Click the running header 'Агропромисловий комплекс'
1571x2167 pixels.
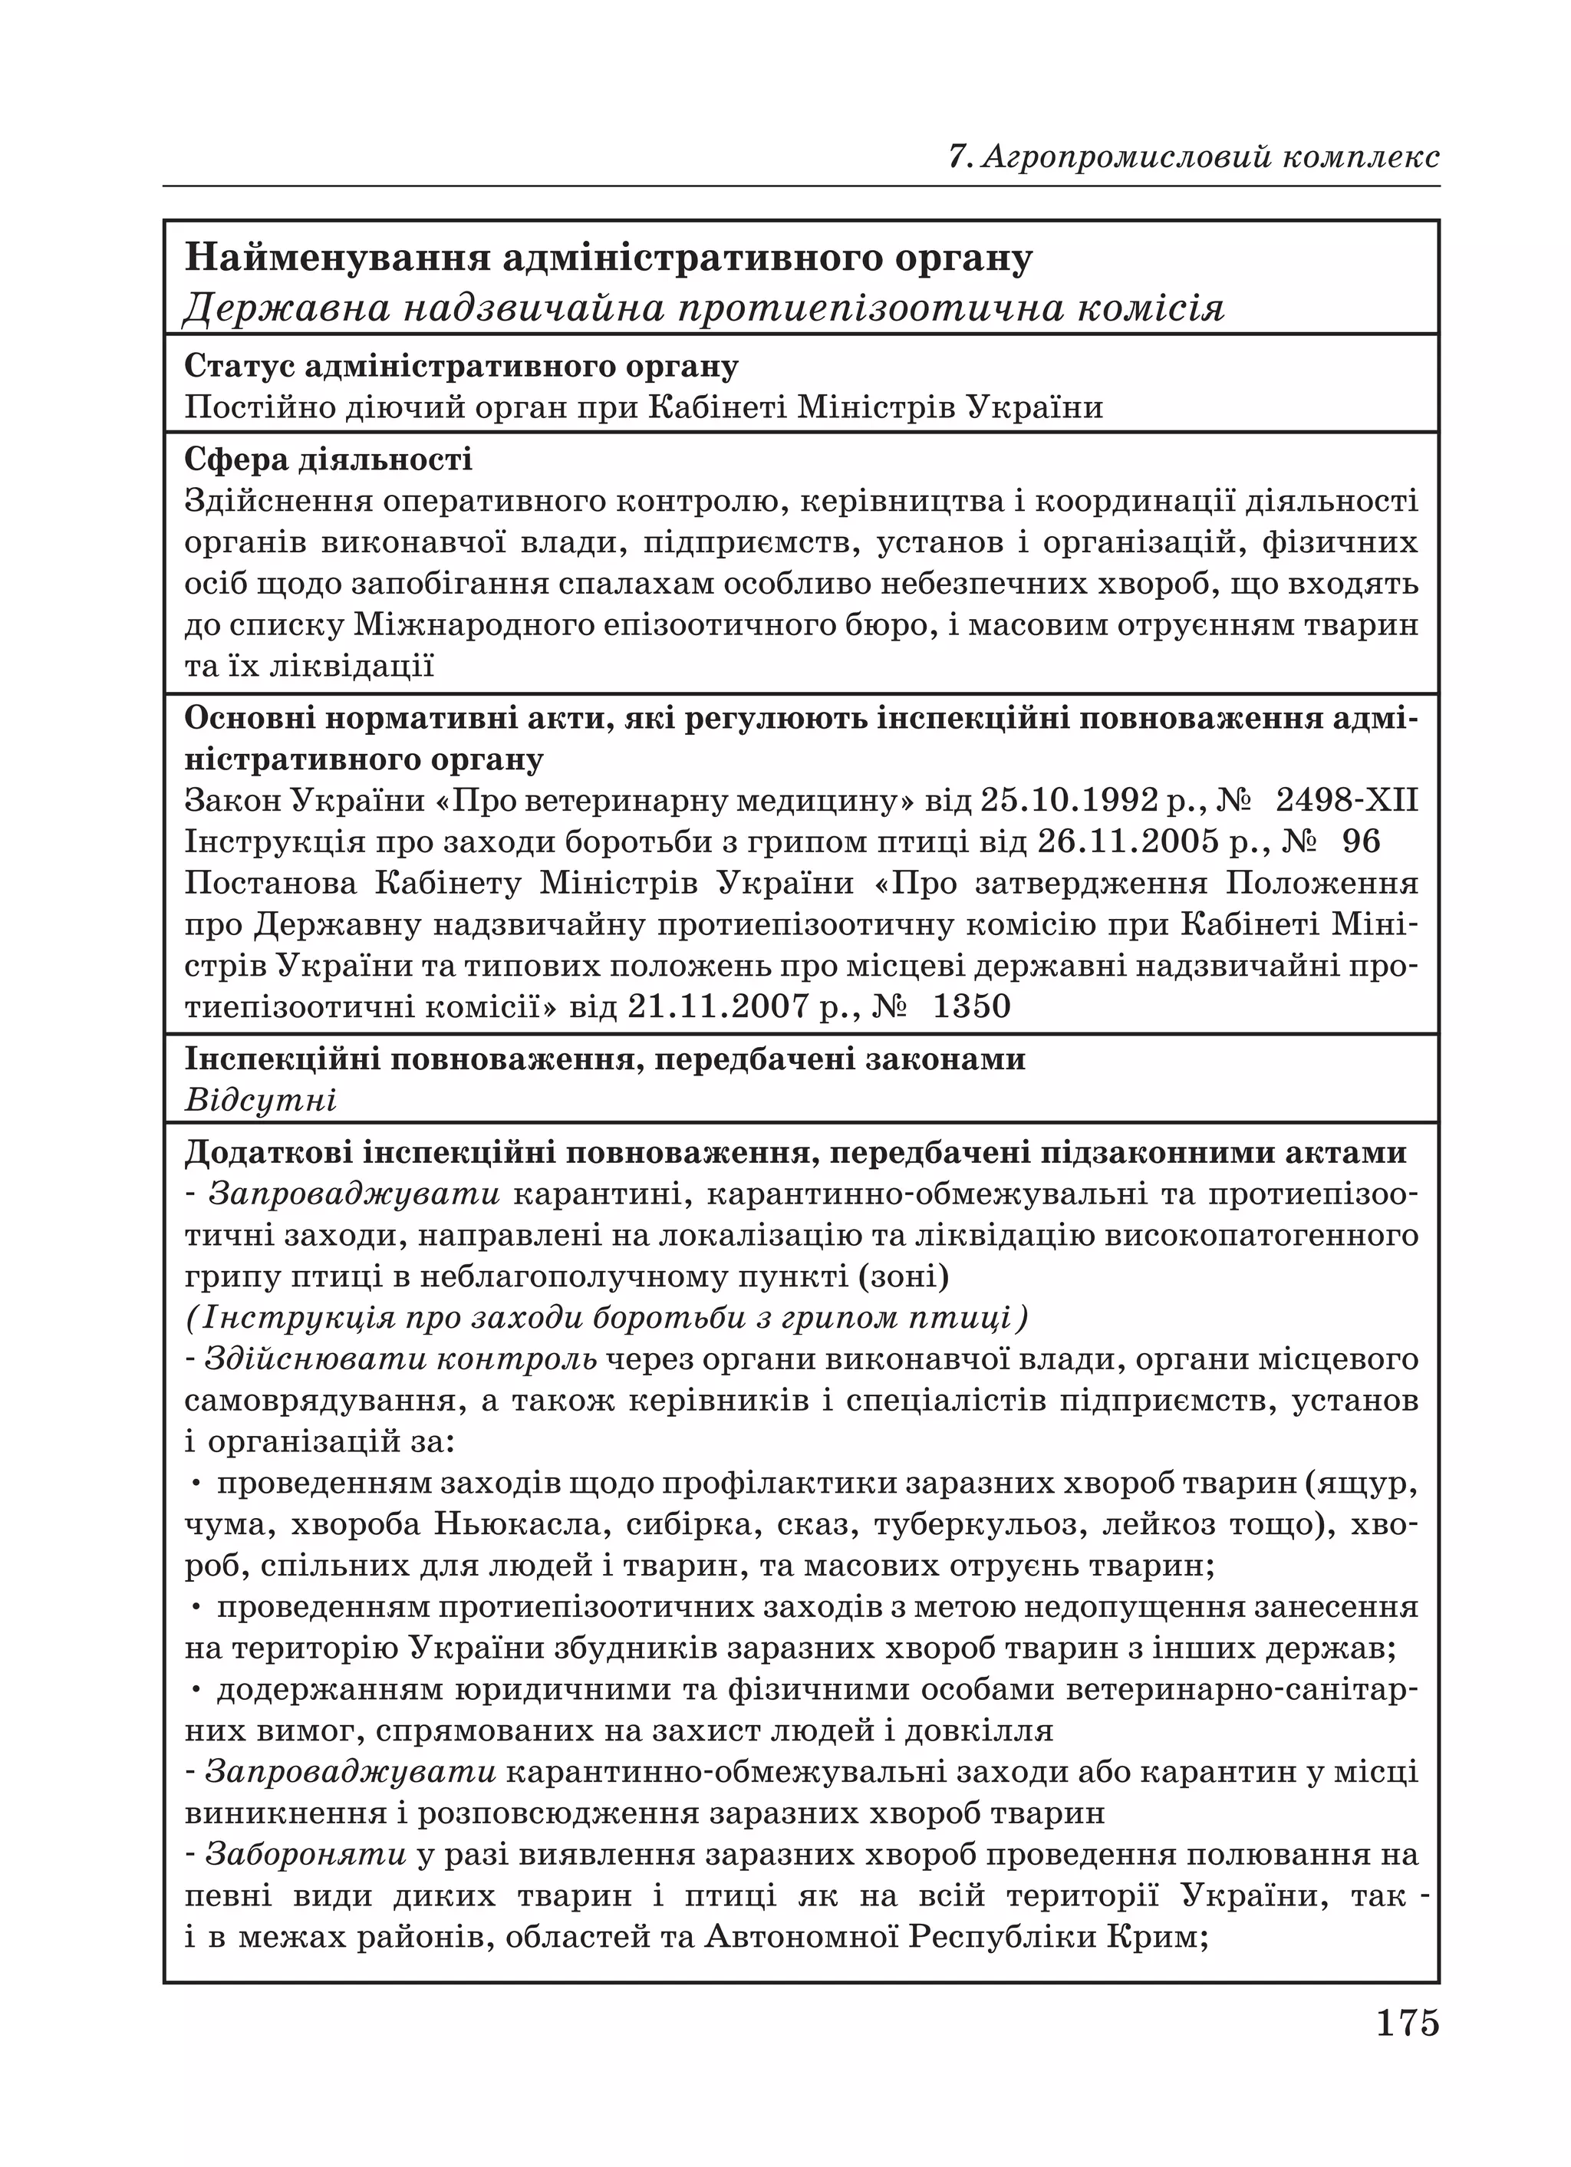tap(1209, 156)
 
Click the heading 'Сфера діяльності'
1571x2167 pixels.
tap(328, 459)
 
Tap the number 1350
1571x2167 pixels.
tap(971, 1006)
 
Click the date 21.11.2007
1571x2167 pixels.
tap(720, 1006)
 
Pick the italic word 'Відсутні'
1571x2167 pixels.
tap(260, 1100)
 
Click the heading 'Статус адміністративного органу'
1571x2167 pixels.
tap(460, 366)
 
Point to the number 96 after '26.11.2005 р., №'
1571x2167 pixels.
tap(1361, 841)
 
